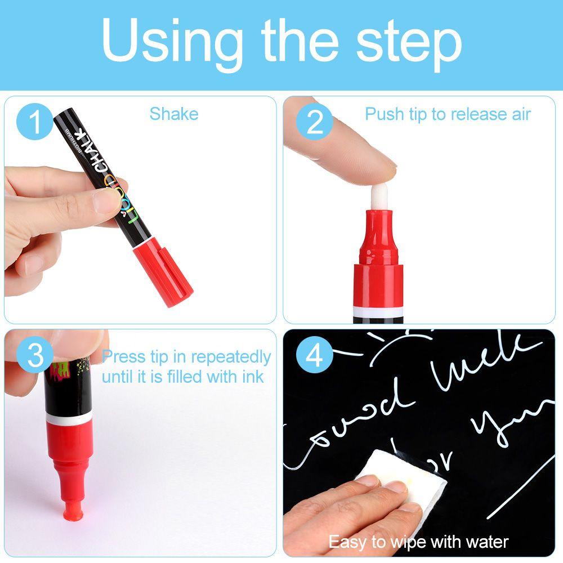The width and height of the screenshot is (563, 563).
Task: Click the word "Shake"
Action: click(x=173, y=114)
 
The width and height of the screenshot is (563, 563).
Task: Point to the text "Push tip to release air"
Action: click(x=448, y=114)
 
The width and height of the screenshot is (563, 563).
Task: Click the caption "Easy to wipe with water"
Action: click(x=418, y=542)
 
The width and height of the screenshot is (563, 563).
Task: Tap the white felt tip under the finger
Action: click(x=382, y=191)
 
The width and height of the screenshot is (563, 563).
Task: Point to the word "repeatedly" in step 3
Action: click(x=231, y=357)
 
